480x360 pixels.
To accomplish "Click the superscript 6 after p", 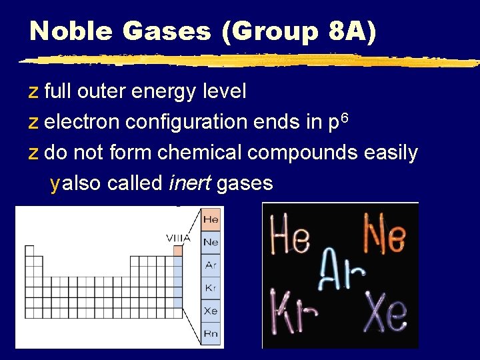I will point(345,117).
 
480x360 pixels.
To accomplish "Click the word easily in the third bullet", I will point(391,153).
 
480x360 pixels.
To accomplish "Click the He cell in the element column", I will point(211,219).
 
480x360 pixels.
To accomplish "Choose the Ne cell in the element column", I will point(211,242).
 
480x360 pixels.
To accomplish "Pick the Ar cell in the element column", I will point(211,265).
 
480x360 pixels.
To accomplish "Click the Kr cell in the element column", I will point(211,288).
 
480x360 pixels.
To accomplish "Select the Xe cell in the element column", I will point(211,311).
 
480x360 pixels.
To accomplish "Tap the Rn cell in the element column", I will point(211,333).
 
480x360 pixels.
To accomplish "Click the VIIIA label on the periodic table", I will point(178,237).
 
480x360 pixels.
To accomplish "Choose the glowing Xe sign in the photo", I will point(387,310).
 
